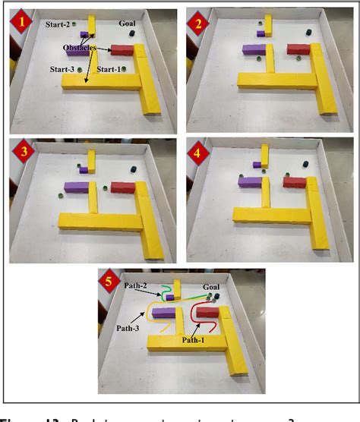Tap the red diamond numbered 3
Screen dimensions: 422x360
click(24, 153)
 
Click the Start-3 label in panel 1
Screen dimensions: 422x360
click(62, 70)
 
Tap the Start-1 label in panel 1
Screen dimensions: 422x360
click(109, 70)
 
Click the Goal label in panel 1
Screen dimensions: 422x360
click(128, 24)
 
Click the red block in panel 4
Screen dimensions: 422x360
click(295, 181)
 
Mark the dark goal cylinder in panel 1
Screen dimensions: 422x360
click(132, 33)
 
